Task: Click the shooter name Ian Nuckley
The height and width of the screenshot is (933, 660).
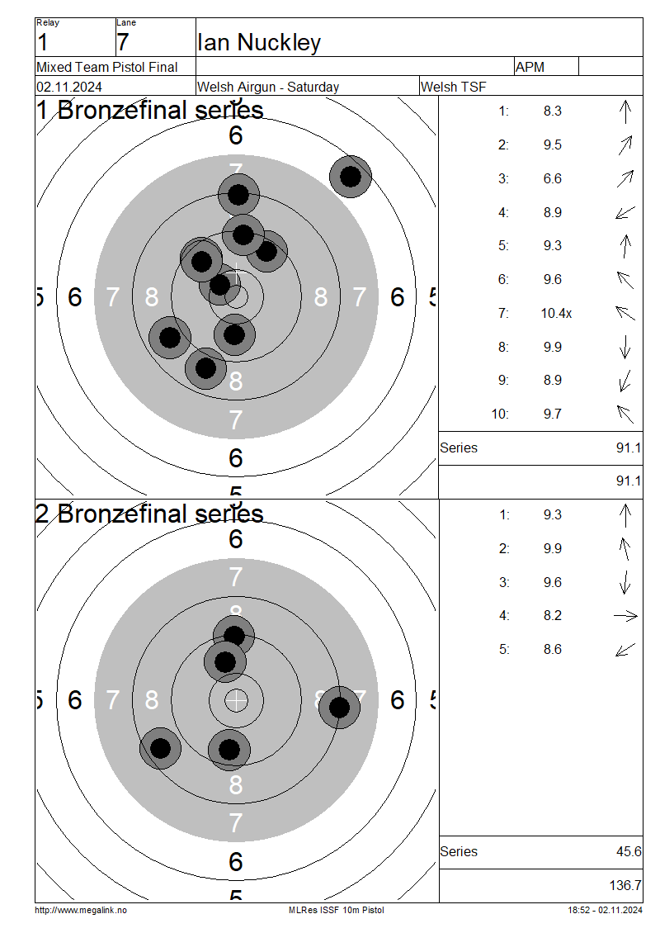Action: click(x=259, y=42)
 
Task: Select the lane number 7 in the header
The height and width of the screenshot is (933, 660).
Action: click(x=122, y=43)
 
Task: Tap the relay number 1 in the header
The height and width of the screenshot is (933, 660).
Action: click(x=42, y=43)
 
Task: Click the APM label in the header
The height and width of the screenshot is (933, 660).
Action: click(x=530, y=67)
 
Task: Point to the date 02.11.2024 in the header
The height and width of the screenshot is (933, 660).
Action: click(x=69, y=87)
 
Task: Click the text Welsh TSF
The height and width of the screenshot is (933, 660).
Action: click(x=453, y=87)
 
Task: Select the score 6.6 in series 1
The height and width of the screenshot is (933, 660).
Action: click(x=553, y=178)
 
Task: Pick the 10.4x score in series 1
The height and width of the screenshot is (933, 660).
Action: click(x=556, y=313)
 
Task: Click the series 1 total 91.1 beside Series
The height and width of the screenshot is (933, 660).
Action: click(x=629, y=448)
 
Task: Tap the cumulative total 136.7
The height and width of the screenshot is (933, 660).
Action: click(x=625, y=885)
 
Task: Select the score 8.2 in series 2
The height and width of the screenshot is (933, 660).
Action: click(x=553, y=615)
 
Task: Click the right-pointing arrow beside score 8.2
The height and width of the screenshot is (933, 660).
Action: click(x=625, y=617)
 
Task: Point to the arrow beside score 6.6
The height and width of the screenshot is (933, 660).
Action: click(x=625, y=178)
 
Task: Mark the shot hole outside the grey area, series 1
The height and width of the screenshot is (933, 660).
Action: click(x=351, y=176)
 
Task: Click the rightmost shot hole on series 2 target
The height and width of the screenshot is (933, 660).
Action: click(x=340, y=708)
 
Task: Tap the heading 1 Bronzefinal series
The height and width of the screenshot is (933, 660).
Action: click(x=149, y=110)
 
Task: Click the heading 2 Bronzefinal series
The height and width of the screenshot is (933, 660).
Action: click(x=149, y=514)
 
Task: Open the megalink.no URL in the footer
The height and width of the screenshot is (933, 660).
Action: click(x=81, y=910)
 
